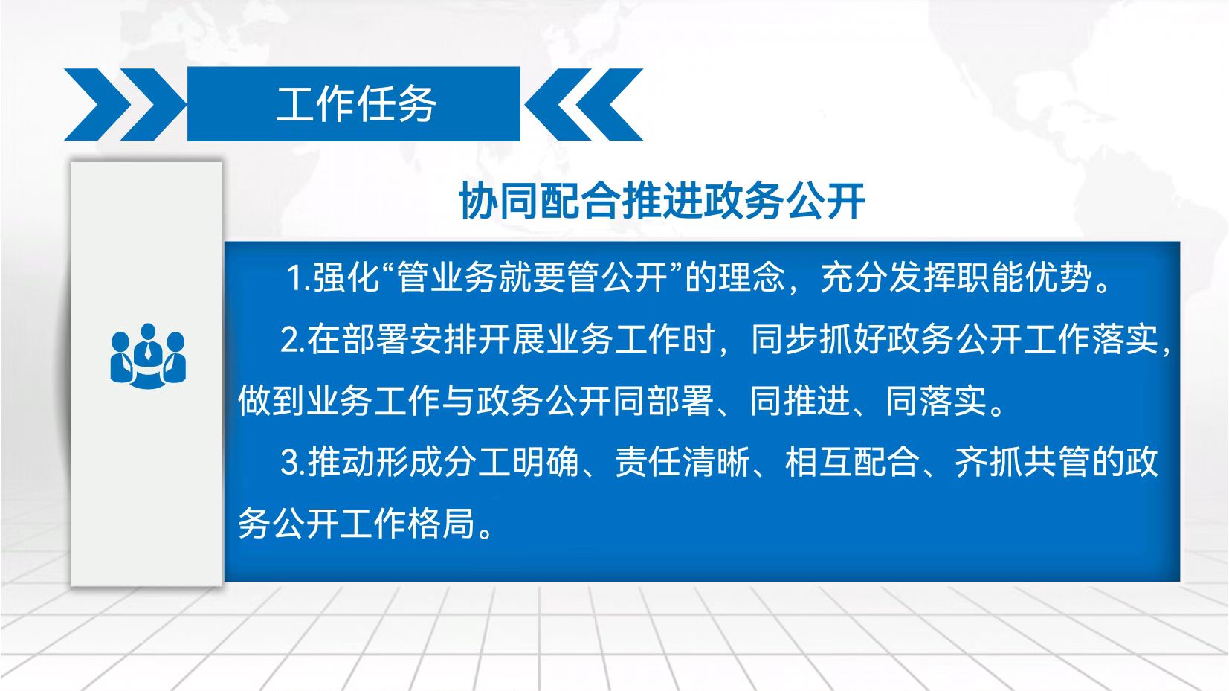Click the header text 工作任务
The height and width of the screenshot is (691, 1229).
tap(355, 104)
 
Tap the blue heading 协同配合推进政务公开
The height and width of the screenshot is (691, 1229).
tap(662, 202)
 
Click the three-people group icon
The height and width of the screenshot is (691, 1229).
tap(148, 356)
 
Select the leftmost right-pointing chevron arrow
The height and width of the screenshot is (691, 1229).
tap(97, 104)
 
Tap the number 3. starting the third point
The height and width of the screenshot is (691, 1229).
tap(293, 462)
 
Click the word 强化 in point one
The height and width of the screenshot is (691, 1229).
tap(346, 277)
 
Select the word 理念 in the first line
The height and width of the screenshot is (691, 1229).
tap(752, 277)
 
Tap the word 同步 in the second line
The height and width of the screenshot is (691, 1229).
tap(784, 339)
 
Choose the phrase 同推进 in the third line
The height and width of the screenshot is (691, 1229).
tap(800, 401)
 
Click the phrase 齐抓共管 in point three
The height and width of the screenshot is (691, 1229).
tap(1022, 462)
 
